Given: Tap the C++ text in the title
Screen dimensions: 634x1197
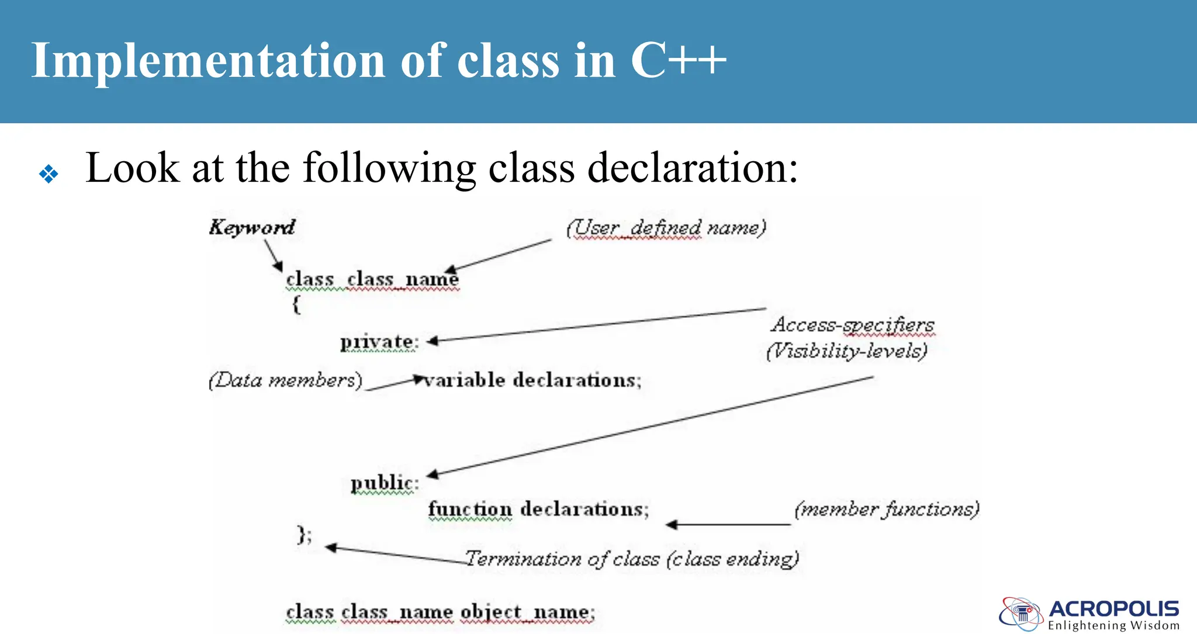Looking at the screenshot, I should click(x=678, y=60).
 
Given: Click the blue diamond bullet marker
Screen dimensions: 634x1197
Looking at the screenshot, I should click(x=49, y=174).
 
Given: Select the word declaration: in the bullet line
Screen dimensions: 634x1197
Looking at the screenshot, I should click(x=693, y=168).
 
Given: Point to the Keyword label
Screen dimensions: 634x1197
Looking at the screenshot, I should click(x=252, y=227).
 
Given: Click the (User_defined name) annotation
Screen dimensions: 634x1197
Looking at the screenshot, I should click(x=666, y=227).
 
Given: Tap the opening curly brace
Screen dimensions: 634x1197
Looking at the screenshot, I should click(x=297, y=304).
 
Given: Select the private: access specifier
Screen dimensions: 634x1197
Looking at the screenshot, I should click(x=379, y=342).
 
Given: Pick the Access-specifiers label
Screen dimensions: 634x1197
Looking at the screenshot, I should click(x=853, y=325).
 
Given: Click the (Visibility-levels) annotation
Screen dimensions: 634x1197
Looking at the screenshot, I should click(x=847, y=351).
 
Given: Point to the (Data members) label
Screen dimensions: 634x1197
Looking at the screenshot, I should click(x=285, y=380).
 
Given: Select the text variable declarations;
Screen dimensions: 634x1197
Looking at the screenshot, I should click(x=532, y=380).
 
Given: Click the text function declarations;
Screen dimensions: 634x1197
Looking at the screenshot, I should click(x=538, y=509).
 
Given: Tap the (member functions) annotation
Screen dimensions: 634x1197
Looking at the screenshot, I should click(x=887, y=510).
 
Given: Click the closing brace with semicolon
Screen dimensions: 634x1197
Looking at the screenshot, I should click(x=305, y=535).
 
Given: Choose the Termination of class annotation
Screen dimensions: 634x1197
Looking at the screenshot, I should click(x=632, y=559).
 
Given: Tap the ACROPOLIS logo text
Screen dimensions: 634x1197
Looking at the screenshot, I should click(x=1113, y=609).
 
